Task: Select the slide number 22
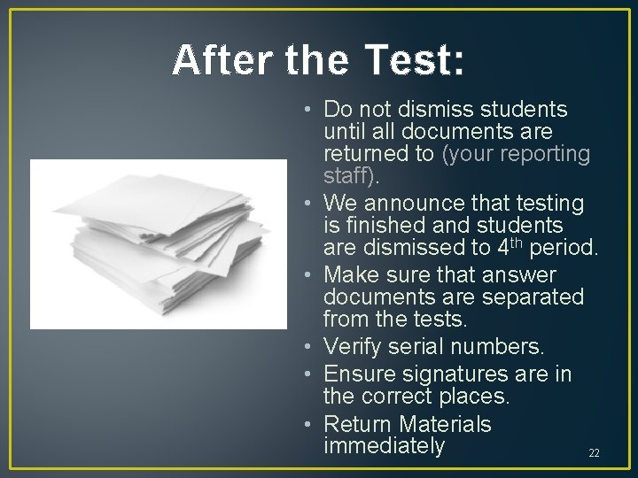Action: (594, 453)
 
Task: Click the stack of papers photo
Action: (159, 244)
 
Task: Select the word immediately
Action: (385, 446)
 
